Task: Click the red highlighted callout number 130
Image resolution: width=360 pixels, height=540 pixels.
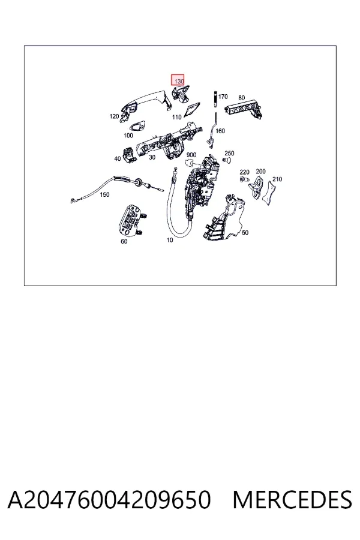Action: pyautogui.click(x=179, y=82)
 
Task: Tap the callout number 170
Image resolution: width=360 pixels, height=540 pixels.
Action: pyautogui.click(x=223, y=97)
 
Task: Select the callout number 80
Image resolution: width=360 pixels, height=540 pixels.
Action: pyautogui.click(x=241, y=98)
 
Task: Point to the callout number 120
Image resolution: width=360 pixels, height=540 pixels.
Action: pyautogui.click(x=114, y=116)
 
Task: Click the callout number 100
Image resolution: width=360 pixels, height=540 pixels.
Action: pyautogui.click(x=128, y=136)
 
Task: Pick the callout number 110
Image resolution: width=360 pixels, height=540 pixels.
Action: pyautogui.click(x=177, y=117)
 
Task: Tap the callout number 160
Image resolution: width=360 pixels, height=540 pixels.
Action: pyautogui.click(x=220, y=131)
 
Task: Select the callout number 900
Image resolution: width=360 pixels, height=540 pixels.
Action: pyautogui.click(x=191, y=155)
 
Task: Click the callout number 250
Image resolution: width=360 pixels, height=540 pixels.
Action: pyautogui.click(x=229, y=153)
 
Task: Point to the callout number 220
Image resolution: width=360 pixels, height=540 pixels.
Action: pyautogui.click(x=244, y=172)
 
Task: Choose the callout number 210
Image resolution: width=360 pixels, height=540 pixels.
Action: pyautogui.click(x=277, y=179)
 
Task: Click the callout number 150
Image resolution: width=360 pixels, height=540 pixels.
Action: pyautogui.click(x=104, y=194)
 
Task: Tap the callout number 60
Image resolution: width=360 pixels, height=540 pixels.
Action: pyautogui.click(x=124, y=241)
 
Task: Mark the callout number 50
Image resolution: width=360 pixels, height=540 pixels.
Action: pyautogui.click(x=245, y=233)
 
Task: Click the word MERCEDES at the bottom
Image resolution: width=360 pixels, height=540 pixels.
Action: pyautogui.click(x=292, y=500)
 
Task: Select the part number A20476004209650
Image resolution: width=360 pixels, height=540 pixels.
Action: pyautogui.click(x=109, y=500)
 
